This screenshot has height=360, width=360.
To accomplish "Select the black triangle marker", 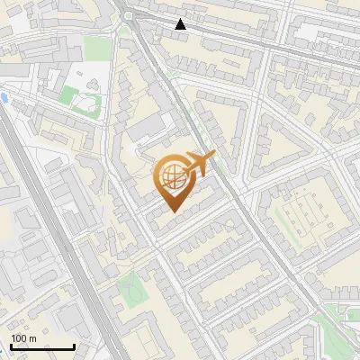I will pos(181,24).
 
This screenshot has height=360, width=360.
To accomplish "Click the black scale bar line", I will pos(42,346).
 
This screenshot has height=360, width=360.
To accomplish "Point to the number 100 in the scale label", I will pos(19,338).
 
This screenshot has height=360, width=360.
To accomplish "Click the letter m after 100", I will pos(31,338).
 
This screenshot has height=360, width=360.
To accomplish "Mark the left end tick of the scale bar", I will pos(11,345).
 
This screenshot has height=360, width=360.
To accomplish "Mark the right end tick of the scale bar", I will pos(74,345).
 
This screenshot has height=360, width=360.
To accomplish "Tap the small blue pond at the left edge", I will pos(4,97).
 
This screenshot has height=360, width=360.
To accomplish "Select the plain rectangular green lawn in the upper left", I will pos(69,93).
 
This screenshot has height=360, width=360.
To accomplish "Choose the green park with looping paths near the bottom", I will pos(131,288).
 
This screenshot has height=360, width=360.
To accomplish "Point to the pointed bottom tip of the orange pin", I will pos(173,211).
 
